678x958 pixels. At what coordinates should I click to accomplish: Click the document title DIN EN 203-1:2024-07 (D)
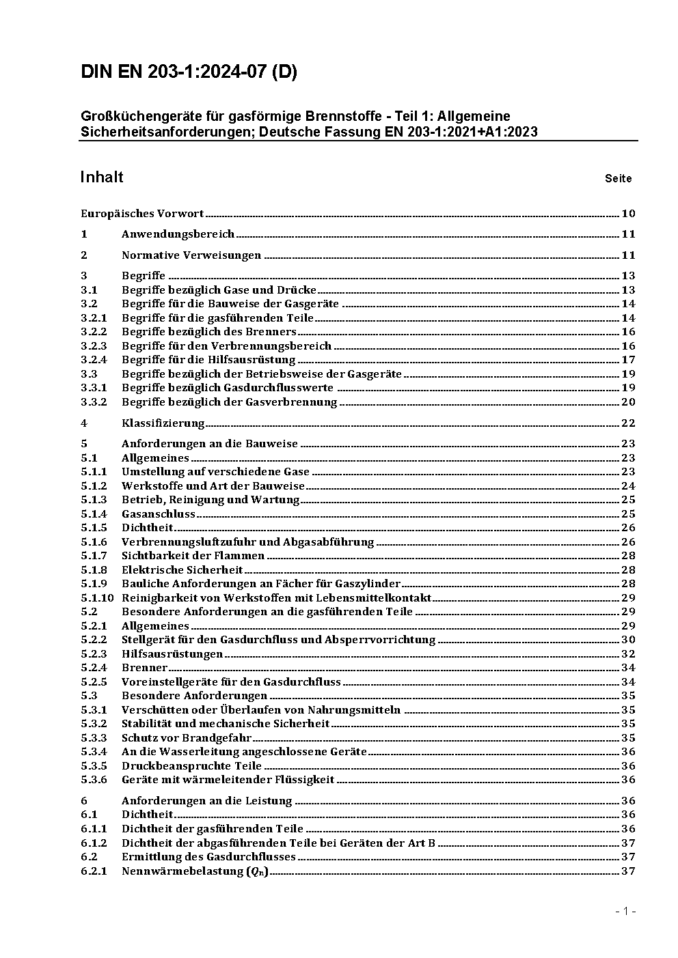tap(189, 72)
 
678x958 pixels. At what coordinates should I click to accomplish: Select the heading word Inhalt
tap(102, 177)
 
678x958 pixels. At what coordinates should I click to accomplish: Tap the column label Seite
tap(618, 179)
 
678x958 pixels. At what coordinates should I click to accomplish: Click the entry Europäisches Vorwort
tap(142, 214)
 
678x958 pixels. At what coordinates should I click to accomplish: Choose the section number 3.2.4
tap(94, 360)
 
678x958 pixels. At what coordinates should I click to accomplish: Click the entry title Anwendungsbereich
tap(178, 234)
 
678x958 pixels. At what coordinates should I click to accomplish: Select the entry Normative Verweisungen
tap(191, 255)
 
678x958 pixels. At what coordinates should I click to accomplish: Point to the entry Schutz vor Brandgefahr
tap(187, 738)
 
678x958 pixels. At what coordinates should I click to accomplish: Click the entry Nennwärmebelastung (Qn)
tap(195, 871)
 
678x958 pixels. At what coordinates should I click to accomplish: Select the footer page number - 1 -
tap(625, 911)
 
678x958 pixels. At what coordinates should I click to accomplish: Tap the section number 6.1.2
tap(94, 843)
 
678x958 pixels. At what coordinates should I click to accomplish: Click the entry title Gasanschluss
tap(159, 514)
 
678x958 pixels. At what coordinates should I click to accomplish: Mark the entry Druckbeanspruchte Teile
tap(191, 766)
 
